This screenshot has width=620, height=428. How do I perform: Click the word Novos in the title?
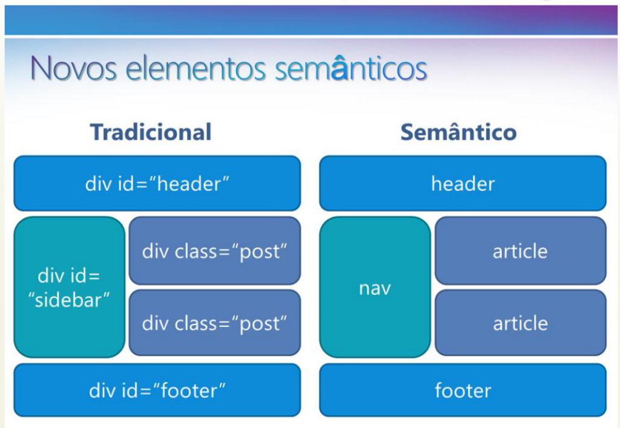click(73, 68)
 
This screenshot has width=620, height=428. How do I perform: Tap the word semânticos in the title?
click(351, 68)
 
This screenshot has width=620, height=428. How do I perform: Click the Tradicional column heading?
click(151, 132)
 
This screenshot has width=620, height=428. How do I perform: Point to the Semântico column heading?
click(459, 132)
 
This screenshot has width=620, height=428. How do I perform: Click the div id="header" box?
click(157, 183)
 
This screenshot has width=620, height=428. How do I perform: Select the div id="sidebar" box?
click(70, 288)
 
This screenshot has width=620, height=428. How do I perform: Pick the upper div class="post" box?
click(215, 251)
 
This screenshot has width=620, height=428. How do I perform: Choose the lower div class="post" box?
click(215, 323)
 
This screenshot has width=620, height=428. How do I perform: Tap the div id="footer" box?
click(157, 390)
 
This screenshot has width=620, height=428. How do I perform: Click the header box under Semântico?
click(463, 183)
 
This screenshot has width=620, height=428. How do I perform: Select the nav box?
click(375, 288)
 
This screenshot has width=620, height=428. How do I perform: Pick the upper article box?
click(520, 251)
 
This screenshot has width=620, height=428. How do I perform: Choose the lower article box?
click(520, 323)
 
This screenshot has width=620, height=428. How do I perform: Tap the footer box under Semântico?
click(463, 390)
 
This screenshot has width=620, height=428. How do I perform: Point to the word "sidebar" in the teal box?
click(69, 300)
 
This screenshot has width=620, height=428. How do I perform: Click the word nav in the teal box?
click(375, 289)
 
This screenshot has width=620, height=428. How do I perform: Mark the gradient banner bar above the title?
click(311, 20)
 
